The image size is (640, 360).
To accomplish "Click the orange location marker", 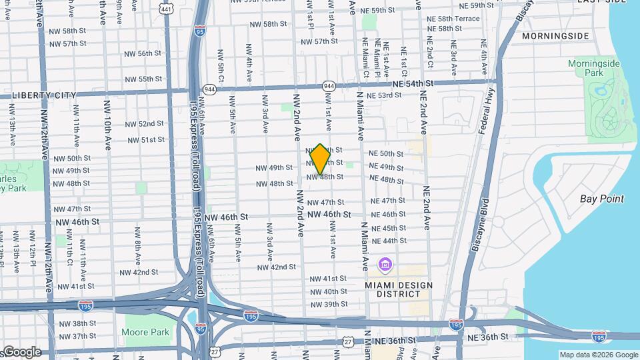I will [x=320, y=159].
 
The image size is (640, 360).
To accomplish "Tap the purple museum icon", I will [x=385, y=265].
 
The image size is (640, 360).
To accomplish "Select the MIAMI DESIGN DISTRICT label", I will [x=399, y=289].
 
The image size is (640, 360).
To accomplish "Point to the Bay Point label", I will [x=602, y=199].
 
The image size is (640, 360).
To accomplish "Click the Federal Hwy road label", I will [x=486, y=111].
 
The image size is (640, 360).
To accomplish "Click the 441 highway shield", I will [x=166, y=7].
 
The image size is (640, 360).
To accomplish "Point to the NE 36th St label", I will [x=487, y=338].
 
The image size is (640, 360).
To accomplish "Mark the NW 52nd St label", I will [x=142, y=123].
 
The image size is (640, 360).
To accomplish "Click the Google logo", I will [x=22, y=351].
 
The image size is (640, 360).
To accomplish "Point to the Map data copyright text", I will [x=598, y=355].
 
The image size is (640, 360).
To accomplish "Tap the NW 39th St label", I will [x=327, y=304].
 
